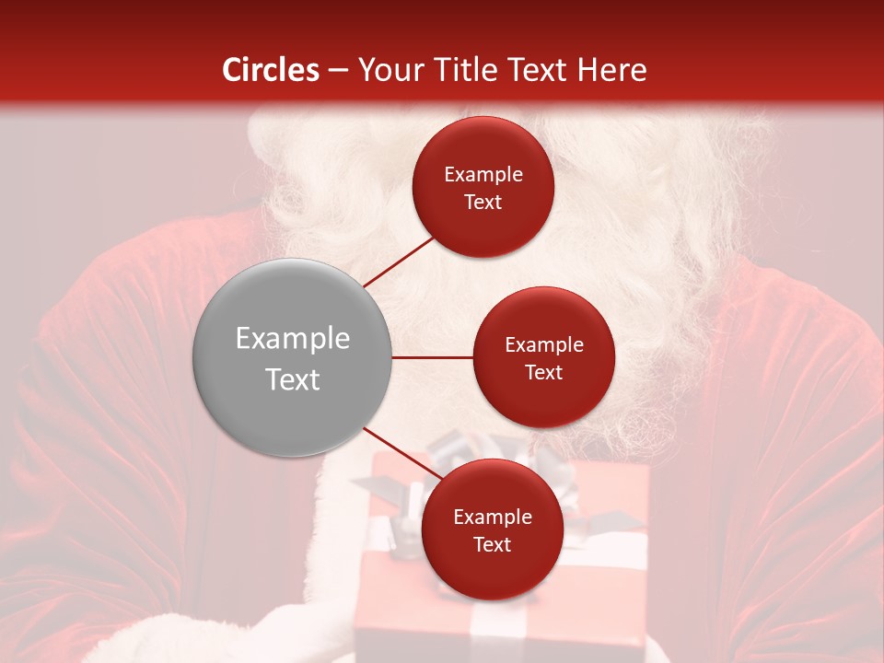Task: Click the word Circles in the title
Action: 271,70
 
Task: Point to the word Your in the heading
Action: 391,70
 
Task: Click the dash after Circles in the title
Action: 338,71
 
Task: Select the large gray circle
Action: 292,357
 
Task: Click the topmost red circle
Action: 483,187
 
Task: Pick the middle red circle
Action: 543,357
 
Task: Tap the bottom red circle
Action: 492,529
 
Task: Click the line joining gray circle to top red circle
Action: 400,262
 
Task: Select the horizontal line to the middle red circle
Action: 432,357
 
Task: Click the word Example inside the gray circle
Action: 293,339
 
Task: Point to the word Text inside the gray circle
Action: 293,379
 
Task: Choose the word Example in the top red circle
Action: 483,175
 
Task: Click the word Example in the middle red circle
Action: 543,345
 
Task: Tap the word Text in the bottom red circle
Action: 492,544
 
